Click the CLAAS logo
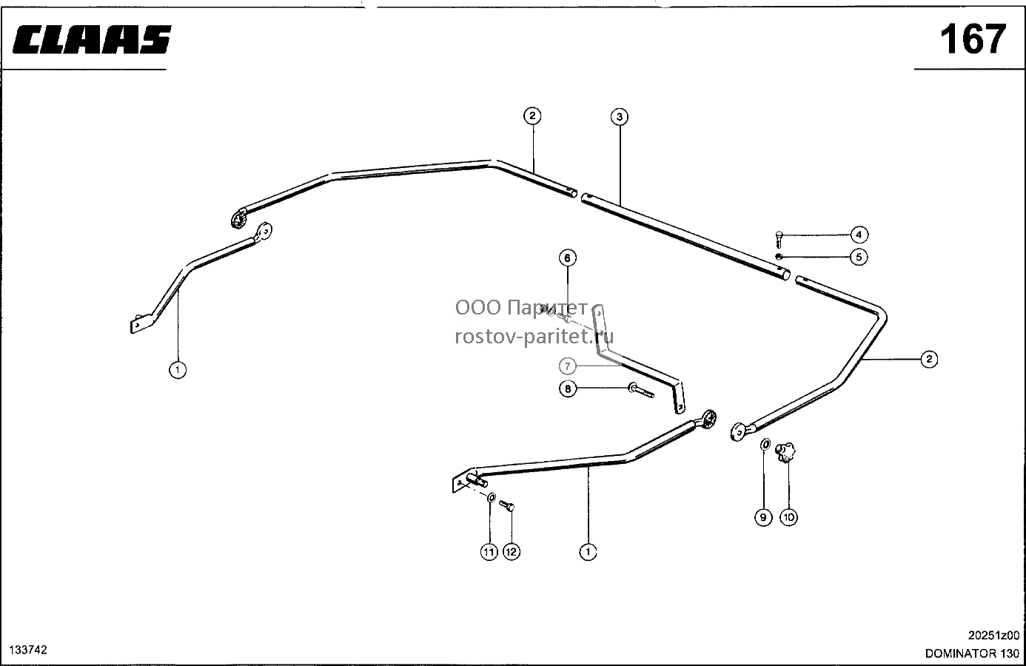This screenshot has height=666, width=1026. (x=92, y=39)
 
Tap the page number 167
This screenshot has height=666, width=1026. (x=973, y=39)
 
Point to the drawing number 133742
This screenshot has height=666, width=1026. (x=28, y=650)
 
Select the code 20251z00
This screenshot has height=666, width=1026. (x=993, y=636)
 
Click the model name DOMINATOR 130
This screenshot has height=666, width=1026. (x=972, y=653)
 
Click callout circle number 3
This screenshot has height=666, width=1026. (x=620, y=117)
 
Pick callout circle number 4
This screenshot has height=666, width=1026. (x=859, y=235)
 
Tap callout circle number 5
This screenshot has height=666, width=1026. (x=859, y=258)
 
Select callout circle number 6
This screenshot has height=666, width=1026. (x=568, y=258)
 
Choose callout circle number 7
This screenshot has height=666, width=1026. (x=568, y=366)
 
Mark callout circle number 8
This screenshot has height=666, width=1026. (x=568, y=389)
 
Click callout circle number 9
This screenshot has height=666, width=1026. (x=763, y=518)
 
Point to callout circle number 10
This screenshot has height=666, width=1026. (x=788, y=517)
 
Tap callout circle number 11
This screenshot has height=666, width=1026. (x=489, y=552)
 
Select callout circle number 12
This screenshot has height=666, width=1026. (x=512, y=552)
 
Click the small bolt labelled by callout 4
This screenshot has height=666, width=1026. (x=779, y=240)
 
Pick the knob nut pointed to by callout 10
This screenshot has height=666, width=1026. (x=785, y=452)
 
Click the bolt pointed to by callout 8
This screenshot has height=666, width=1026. (x=641, y=391)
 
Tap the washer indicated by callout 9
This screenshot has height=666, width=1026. (x=765, y=445)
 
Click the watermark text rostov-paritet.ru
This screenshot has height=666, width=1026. (x=534, y=337)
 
